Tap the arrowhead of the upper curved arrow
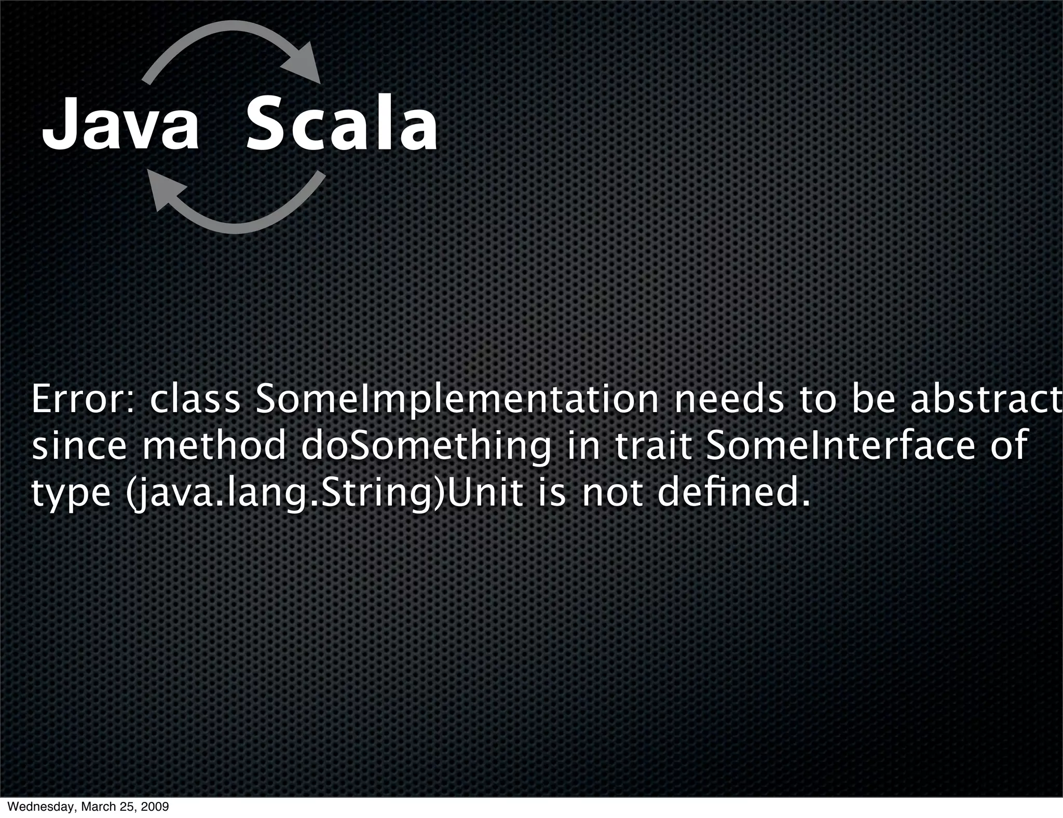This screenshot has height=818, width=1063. (x=304, y=64)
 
